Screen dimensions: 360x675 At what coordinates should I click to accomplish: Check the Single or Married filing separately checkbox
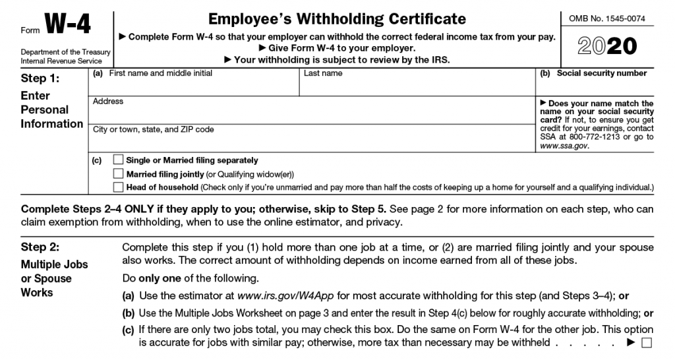(x=118, y=160)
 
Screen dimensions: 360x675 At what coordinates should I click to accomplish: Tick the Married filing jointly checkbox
(x=118, y=173)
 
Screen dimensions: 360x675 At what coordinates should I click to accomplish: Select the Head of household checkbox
(x=118, y=187)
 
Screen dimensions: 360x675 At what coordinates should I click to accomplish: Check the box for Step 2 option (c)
(x=646, y=343)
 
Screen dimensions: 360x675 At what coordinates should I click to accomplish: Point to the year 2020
(x=607, y=45)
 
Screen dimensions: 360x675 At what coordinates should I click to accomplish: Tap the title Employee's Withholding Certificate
(x=337, y=19)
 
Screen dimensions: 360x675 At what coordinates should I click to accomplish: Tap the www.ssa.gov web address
(x=564, y=146)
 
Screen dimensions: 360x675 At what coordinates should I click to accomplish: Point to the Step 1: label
(x=40, y=78)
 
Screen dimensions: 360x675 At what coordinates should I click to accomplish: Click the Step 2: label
(x=40, y=248)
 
